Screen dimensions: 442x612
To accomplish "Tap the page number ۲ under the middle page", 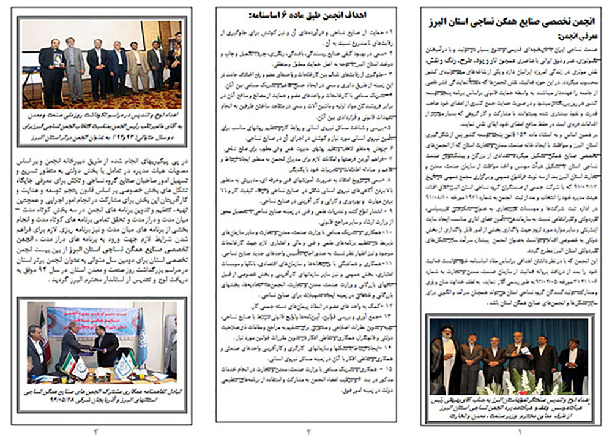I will [x=308, y=432].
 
